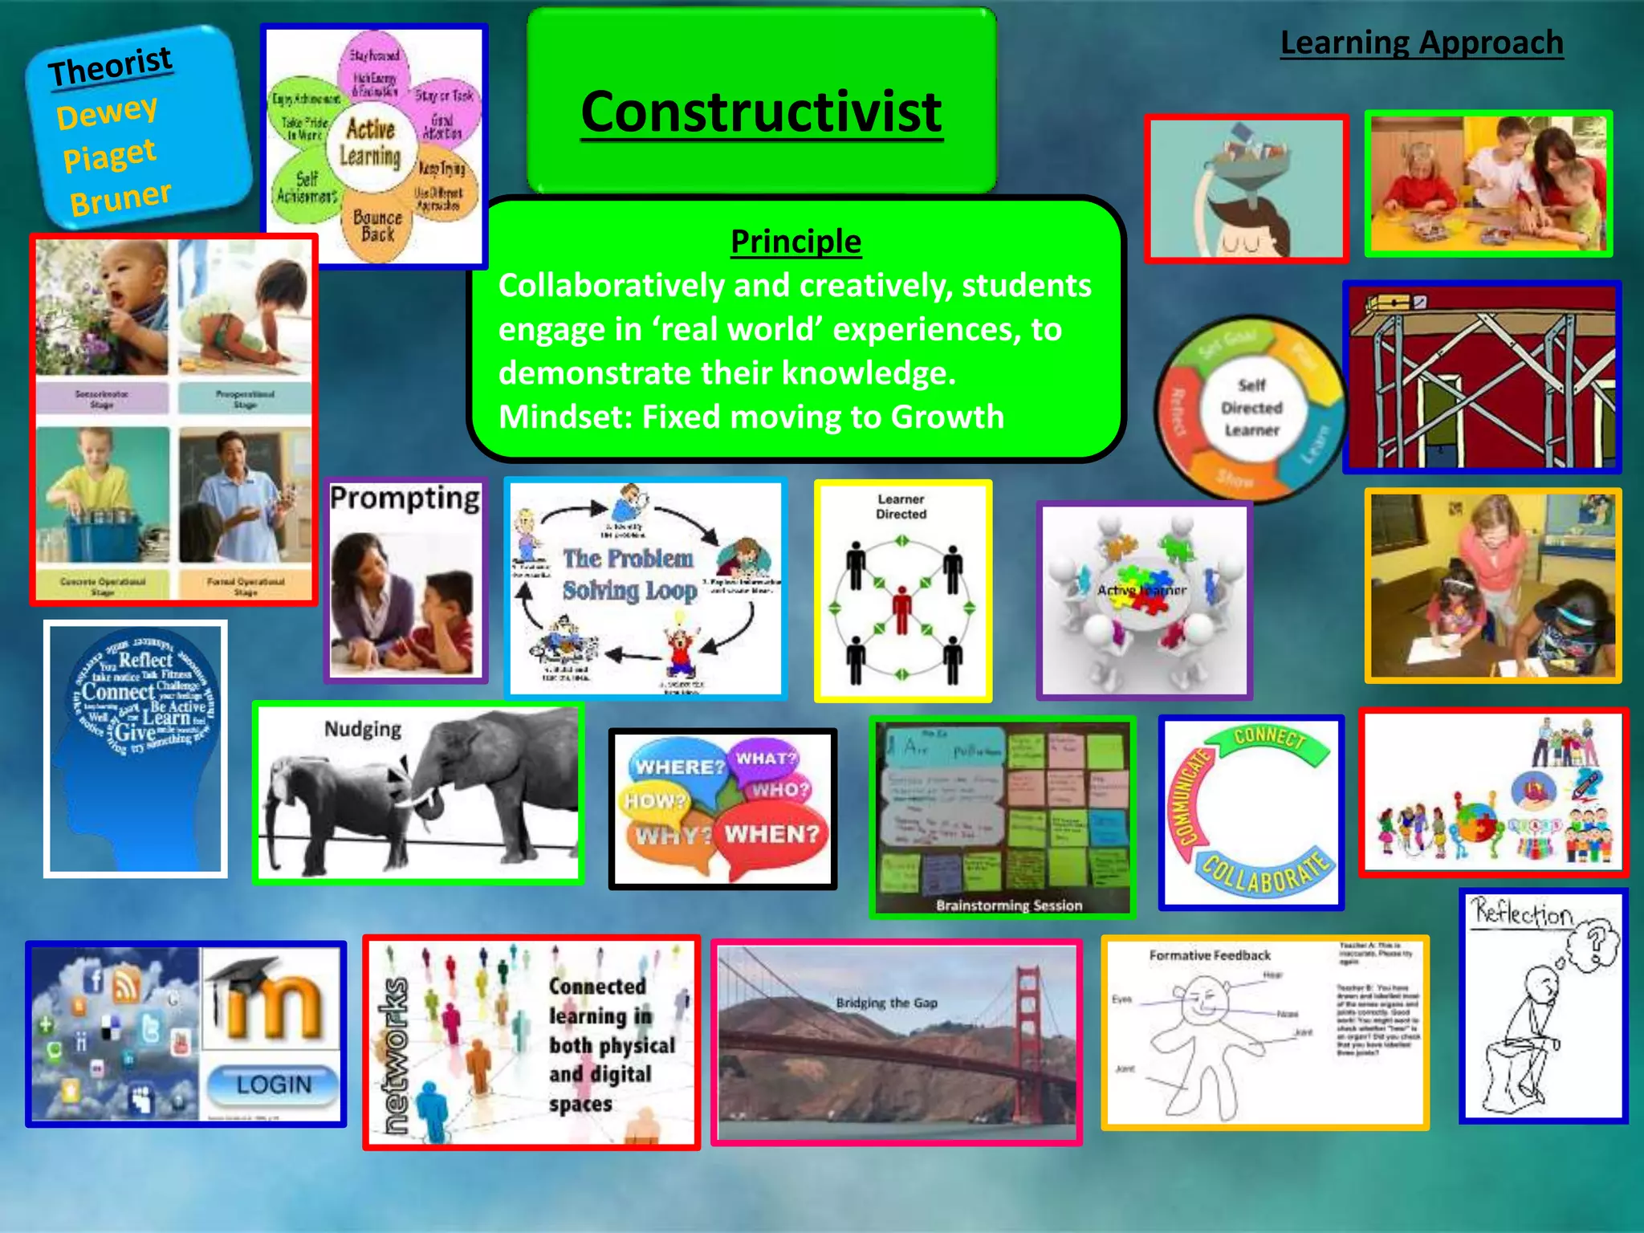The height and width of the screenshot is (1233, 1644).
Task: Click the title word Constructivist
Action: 761,112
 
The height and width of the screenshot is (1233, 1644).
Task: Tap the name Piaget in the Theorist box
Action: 109,155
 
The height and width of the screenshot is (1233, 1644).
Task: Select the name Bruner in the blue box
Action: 120,198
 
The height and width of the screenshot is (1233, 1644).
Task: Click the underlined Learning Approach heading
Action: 1421,43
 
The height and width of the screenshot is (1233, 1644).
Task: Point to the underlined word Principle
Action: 796,242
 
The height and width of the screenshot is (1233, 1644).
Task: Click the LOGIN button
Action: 273,1085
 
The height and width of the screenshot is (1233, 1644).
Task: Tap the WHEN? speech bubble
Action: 771,835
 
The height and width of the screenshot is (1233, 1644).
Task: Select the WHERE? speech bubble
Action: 679,767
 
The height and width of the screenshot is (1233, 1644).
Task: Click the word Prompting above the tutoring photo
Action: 405,498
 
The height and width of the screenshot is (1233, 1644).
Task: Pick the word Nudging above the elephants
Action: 363,729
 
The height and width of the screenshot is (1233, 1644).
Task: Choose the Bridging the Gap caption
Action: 886,1003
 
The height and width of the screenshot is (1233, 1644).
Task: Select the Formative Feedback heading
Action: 1210,955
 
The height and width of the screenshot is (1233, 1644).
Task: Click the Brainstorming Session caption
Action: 1008,905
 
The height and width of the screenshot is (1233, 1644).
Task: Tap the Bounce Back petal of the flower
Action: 377,226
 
